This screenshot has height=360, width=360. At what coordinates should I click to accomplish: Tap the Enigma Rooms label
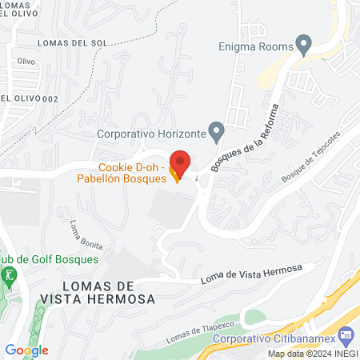(x=254, y=46)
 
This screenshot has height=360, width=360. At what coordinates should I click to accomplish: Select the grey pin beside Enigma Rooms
(x=303, y=43)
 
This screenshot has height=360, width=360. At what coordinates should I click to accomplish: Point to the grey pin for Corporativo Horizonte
(x=215, y=130)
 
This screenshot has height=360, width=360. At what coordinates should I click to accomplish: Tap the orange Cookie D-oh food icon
(x=176, y=178)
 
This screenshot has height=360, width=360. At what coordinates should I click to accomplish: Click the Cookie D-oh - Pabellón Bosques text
(x=131, y=173)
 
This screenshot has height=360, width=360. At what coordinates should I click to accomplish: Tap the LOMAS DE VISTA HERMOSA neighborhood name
(x=107, y=292)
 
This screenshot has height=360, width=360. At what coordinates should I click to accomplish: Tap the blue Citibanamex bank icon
(x=346, y=334)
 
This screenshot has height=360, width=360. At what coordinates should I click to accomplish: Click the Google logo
(x=26, y=350)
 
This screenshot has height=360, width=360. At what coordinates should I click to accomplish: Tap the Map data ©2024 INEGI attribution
(x=312, y=354)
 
